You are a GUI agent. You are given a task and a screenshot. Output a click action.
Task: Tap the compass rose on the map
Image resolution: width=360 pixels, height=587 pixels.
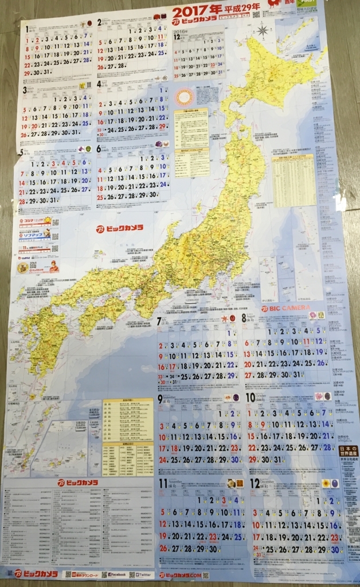coord(263,30)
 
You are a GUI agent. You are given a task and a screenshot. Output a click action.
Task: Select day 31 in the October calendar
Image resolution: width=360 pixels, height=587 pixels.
coord(279,460)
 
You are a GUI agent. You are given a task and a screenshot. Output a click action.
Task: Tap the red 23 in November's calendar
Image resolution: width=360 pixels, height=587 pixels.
coord(212,537)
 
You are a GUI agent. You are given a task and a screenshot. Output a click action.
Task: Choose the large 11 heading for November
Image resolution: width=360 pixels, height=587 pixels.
coord(163,483)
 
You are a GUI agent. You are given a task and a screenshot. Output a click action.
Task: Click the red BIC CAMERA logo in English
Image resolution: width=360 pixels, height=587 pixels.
coord(281,308)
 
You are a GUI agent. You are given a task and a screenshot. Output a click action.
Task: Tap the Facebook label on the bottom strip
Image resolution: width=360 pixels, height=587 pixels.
coord(114,574)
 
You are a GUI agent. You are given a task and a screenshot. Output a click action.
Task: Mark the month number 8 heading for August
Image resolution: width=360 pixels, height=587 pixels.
coord(245,317)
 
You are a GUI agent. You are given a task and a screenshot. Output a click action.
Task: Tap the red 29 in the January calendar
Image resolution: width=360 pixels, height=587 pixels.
coord(26,73)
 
